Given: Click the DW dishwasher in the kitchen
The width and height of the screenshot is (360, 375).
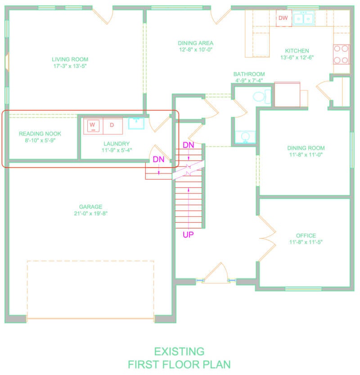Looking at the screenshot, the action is click(x=283, y=18).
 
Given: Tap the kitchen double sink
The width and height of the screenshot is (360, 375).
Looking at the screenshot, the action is click(x=303, y=18).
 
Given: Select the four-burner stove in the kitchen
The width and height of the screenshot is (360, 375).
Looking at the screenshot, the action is click(x=341, y=54).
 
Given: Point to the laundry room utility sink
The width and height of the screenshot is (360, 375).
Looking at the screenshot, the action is click(x=136, y=123).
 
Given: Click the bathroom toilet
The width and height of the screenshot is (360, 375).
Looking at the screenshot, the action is click(x=262, y=97).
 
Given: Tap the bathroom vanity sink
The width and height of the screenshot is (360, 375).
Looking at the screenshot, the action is click(x=245, y=137).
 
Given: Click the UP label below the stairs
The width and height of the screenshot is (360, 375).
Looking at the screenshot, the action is click(x=188, y=235).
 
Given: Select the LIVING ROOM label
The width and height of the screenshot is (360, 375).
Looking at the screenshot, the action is click(x=70, y=59).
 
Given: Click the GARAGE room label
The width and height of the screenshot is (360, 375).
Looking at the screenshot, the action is click(x=91, y=207).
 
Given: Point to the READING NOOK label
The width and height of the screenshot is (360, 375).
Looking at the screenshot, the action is click(x=40, y=134).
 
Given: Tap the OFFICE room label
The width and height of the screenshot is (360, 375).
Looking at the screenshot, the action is click(x=306, y=236).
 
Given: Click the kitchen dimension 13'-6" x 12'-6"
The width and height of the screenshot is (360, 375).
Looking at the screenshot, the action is click(x=297, y=58).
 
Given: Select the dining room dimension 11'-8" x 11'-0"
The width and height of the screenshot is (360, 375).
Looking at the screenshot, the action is click(x=306, y=155).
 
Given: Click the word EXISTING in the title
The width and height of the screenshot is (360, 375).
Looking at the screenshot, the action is click(x=179, y=352).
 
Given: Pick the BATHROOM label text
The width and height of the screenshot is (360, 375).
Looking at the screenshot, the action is click(x=249, y=74).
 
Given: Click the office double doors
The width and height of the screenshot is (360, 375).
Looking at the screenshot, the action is click(x=267, y=238).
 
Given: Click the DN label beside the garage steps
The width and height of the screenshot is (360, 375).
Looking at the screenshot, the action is click(x=158, y=159).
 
